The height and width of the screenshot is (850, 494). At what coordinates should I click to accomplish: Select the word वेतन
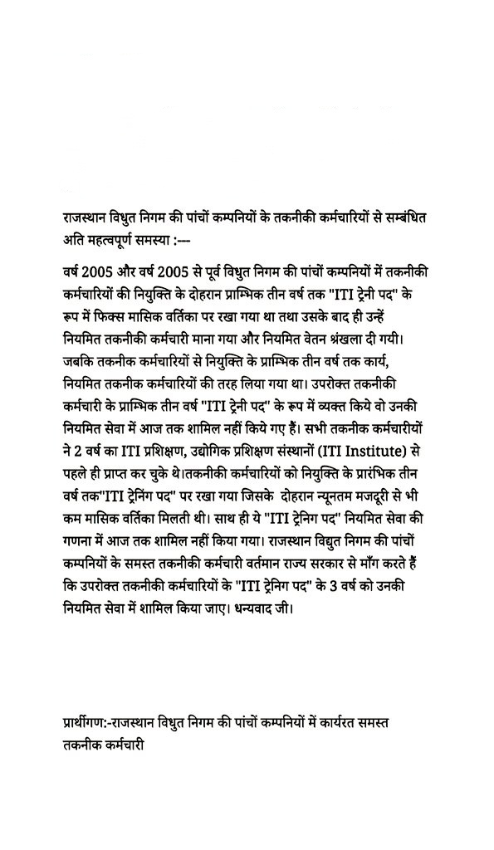pos(317,340)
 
